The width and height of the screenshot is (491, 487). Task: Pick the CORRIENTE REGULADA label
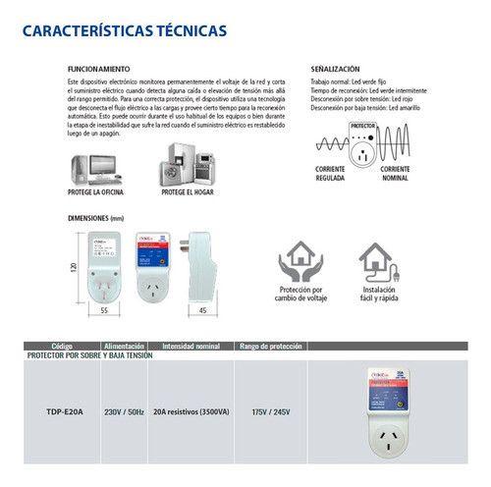tap(332, 190)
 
